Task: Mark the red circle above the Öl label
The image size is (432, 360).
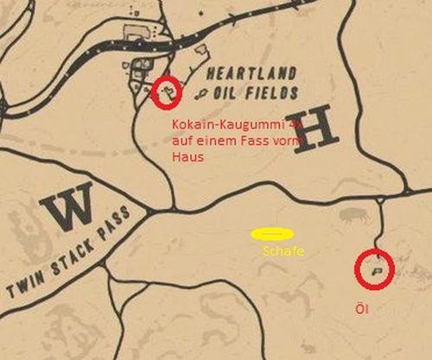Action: [x=375, y=269]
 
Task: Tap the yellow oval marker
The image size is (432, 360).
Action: [x=271, y=233]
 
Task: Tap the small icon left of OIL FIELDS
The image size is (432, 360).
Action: [x=202, y=93]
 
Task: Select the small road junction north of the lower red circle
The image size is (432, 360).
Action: [x=379, y=199]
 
